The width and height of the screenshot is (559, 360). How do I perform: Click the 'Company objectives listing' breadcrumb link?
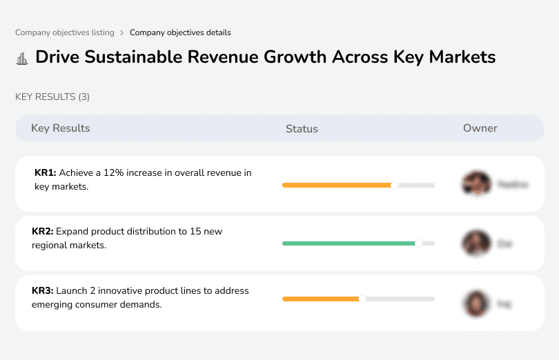coord(65,32)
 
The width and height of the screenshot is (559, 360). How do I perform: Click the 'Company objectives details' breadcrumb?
coord(180,32)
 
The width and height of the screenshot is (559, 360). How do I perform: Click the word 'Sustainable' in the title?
coord(139,57)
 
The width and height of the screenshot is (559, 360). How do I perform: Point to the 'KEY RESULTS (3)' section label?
coord(52,97)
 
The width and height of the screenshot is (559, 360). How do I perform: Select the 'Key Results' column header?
coord(60,128)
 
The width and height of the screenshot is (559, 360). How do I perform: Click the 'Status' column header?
coord(302,129)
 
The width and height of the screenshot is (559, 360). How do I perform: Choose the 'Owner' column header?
coord(480,128)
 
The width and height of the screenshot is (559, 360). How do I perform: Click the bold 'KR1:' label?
coord(45,173)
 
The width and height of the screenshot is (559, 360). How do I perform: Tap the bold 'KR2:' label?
coord(43,232)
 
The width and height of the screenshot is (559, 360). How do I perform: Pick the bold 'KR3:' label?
coord(43,291)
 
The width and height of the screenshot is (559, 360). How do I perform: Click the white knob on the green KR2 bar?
coord(418,243)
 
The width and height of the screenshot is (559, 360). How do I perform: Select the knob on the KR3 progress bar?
coord(362,299)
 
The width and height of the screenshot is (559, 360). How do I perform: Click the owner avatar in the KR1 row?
coord(476,184)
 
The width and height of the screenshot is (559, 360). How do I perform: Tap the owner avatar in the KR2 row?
coord(476,243)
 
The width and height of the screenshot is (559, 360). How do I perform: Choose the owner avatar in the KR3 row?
coord(476,303)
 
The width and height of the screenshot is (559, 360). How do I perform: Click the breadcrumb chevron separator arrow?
coord(121,32)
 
